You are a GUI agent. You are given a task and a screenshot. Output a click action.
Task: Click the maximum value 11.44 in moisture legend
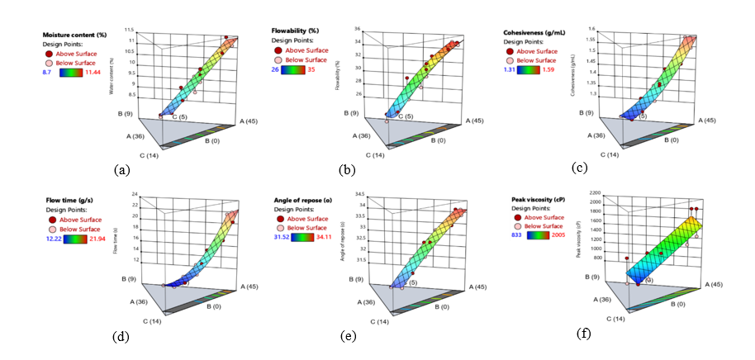click(111, 72)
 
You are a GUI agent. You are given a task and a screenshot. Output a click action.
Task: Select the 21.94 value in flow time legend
click(112, 238)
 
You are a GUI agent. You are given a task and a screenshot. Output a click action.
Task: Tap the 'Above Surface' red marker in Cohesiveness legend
click(510, 49)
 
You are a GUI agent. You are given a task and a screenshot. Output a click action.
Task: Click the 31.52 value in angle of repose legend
click(282, 238)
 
